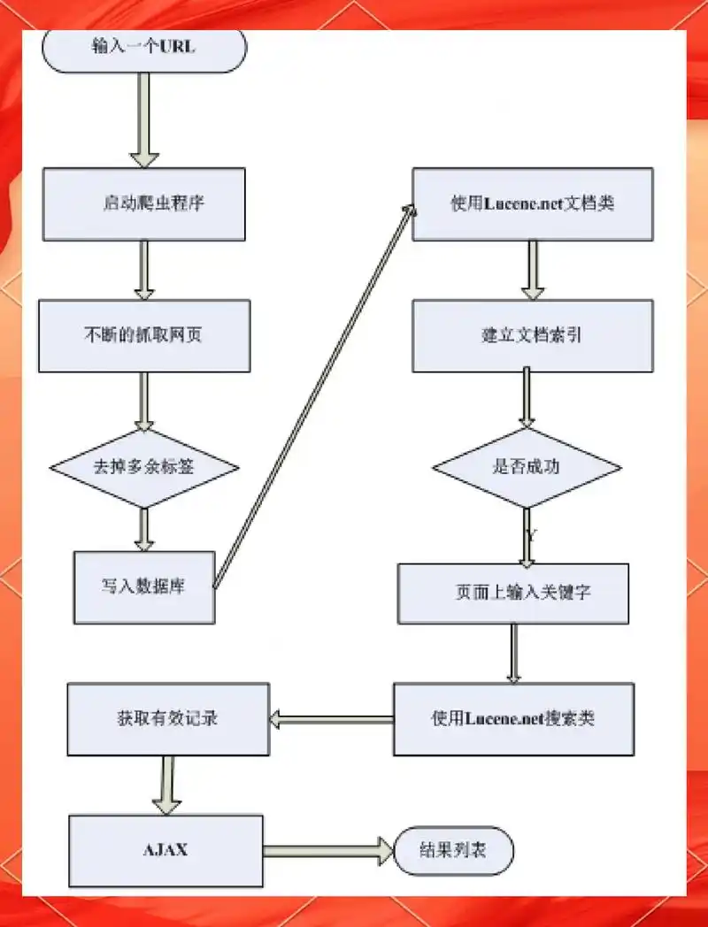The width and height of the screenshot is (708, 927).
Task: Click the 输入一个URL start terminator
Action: pos(143,50)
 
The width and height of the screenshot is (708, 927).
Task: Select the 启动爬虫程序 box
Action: pos(143,203)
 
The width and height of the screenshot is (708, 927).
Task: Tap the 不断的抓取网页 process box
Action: pos(143,335)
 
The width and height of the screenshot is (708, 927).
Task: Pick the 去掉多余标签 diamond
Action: pos(143,468)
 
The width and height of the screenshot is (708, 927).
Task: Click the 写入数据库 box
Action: pos(143,587)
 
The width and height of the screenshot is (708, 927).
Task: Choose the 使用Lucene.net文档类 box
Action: pos(532,203)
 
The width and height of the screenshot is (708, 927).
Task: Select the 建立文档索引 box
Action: pos(532,335)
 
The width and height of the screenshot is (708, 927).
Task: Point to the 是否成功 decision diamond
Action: pos(527,468)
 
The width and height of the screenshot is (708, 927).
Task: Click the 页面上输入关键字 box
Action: pos(513,594)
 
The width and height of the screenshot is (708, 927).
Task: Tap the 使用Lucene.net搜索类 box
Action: pos(513,718)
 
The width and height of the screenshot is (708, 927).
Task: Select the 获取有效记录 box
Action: pos(168,718)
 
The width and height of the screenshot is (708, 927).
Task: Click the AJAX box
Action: pos(165,850)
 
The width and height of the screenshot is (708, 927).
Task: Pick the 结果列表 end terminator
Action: pos(453,850)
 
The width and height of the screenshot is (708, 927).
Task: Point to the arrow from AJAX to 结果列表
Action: pos(327,850)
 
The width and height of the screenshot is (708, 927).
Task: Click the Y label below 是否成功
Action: pos(531,536)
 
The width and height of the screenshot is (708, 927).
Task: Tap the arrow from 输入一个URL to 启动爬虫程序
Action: pos(143,119)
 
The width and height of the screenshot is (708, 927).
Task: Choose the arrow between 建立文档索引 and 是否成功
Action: pos(528,397)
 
